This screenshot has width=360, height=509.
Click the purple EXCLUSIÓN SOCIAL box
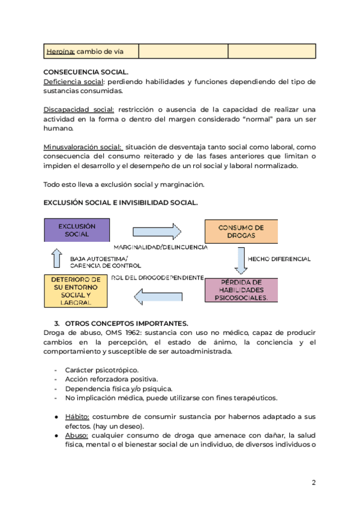[x=77, y=230]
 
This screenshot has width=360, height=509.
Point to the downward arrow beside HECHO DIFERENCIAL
[x=242, y=259]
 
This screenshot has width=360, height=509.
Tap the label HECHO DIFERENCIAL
[x=279, y=259]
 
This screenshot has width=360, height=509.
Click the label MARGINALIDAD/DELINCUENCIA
[x=160, y=247]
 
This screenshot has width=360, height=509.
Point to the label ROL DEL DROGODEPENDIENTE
[x=158, y=278]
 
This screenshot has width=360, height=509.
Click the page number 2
[x=314, y=483]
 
